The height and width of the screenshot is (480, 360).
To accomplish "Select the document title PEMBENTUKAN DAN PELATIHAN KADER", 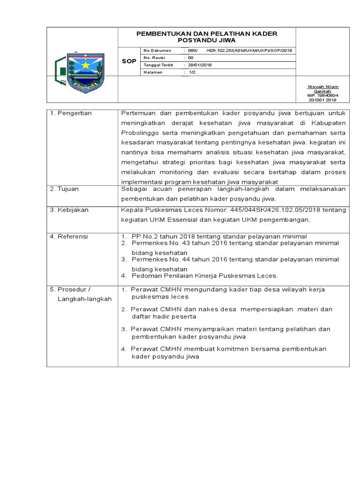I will [207, 34].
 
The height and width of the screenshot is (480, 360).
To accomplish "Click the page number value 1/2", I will [192, 73].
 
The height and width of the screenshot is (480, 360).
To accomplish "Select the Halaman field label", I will [153, 73].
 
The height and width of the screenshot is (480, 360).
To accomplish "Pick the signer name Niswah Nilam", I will [322, 87].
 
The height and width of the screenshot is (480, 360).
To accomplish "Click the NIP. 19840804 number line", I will [322, 95].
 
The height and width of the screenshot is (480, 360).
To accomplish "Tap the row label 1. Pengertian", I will [71, 113].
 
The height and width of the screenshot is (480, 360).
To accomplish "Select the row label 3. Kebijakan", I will [69, 210].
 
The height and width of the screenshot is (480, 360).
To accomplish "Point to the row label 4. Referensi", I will [69, 237].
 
